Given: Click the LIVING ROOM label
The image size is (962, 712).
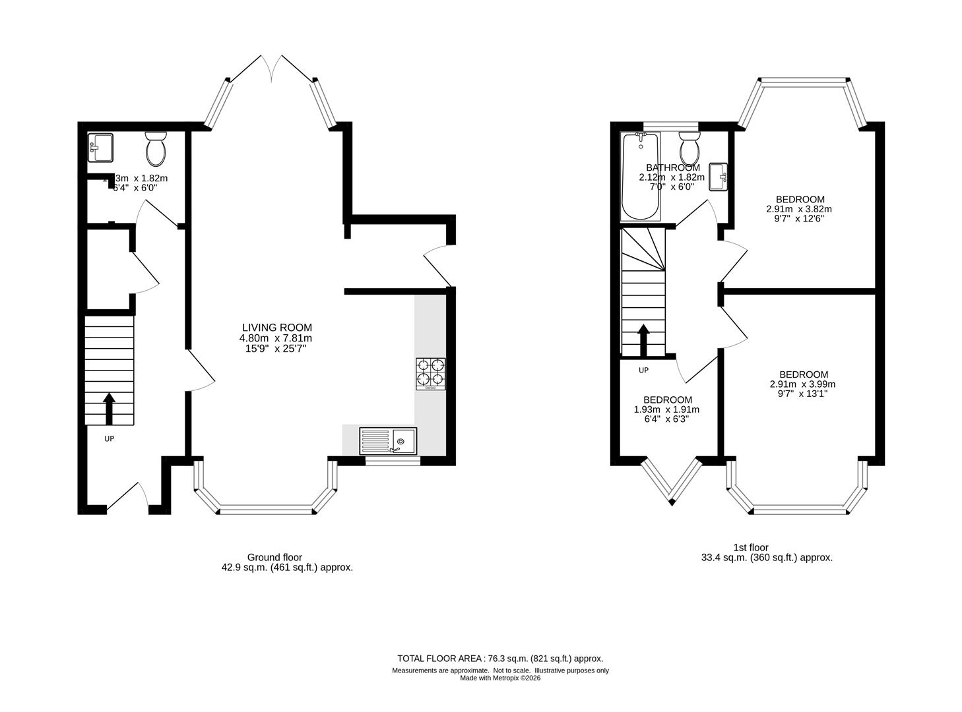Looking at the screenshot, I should pos(276,328).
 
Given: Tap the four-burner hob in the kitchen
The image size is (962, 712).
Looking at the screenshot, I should pos(430,373).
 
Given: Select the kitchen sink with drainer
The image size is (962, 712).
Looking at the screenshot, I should pos(388,440).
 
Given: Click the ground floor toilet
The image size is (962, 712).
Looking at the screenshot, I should pos(156,149).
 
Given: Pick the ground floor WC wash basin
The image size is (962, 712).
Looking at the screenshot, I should pos(100,147).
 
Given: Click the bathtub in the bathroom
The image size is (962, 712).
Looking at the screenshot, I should pos(640,177).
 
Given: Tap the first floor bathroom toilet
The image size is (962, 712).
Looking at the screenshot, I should pos(689,149).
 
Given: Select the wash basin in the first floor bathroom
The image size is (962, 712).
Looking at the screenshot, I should pos(719,177).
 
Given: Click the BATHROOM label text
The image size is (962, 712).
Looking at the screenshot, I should pos(673,167).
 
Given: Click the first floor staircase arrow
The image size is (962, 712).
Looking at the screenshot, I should pos(643,339).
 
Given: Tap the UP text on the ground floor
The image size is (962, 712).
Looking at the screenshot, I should pos(109,438).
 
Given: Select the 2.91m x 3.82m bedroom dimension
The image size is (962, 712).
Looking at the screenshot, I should pos(799,209).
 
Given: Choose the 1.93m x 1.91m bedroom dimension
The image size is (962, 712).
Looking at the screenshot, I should pos(666,409).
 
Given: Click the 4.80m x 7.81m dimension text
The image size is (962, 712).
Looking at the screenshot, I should pos(276,338).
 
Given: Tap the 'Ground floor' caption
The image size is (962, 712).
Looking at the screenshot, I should pos(274,558).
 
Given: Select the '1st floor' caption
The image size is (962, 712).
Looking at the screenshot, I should pos(750,547).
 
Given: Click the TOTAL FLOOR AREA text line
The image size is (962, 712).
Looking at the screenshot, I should pos(499,659).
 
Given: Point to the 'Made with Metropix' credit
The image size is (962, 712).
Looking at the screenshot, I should pos(499,678).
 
